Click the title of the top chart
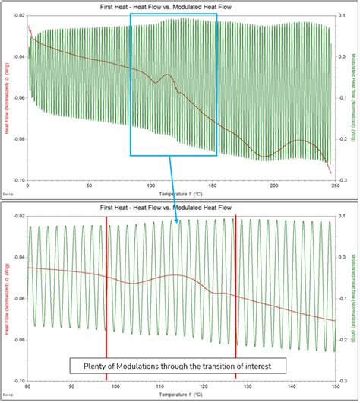pyautogui.click(x=180, y=6)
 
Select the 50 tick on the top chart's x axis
pyautogui.click(x=89, y=185)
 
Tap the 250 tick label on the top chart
pyautogui.click(x=333, y=185)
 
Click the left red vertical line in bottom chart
pyautogui.click(x=106, y=289)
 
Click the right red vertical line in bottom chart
pyautogui.click(x=235, y=289)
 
